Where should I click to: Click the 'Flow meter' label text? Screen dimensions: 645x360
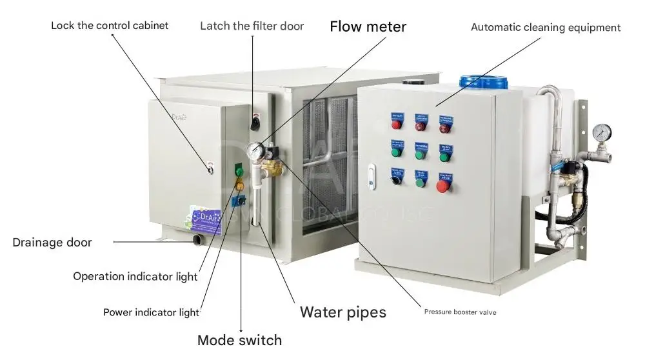pyautogui.click(x=368, y=26)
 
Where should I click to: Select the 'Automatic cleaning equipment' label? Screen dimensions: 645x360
pyautogui.click(x=545, y=27)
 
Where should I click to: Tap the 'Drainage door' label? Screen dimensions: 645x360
pyautogui.click(x=52, y=243)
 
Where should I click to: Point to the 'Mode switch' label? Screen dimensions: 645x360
pyautogui.click(x=239, y=340)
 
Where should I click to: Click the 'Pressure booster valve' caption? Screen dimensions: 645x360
pyautogui.click(x=460, y=312)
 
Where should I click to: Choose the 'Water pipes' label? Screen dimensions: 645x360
pyautogui.click(x=342, y=312)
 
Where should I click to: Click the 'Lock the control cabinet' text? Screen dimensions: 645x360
pyautogui.click(x=110, y=26)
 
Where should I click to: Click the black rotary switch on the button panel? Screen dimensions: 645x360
pyautogui.click(x=395, y=176)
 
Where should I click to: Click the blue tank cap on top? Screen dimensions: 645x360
pyautogui.click(x=482, y=81)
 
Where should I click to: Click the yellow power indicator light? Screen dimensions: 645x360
pyautogui.click(x=239, y=186)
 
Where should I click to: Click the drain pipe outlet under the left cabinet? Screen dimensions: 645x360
pyautogui.click(x=195, y=241)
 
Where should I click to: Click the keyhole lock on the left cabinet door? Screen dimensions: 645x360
pyautogui.click(x=210, y=170)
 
